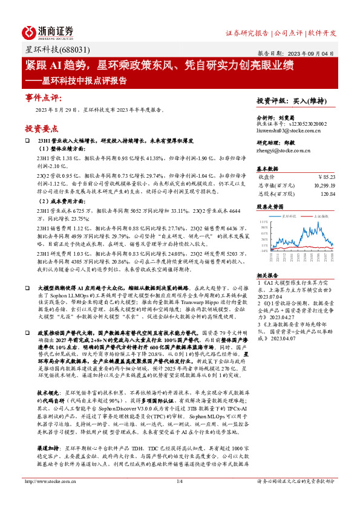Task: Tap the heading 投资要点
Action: pos(42,128)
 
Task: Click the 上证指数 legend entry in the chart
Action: pos(321,215)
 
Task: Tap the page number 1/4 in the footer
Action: pos(179,498)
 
